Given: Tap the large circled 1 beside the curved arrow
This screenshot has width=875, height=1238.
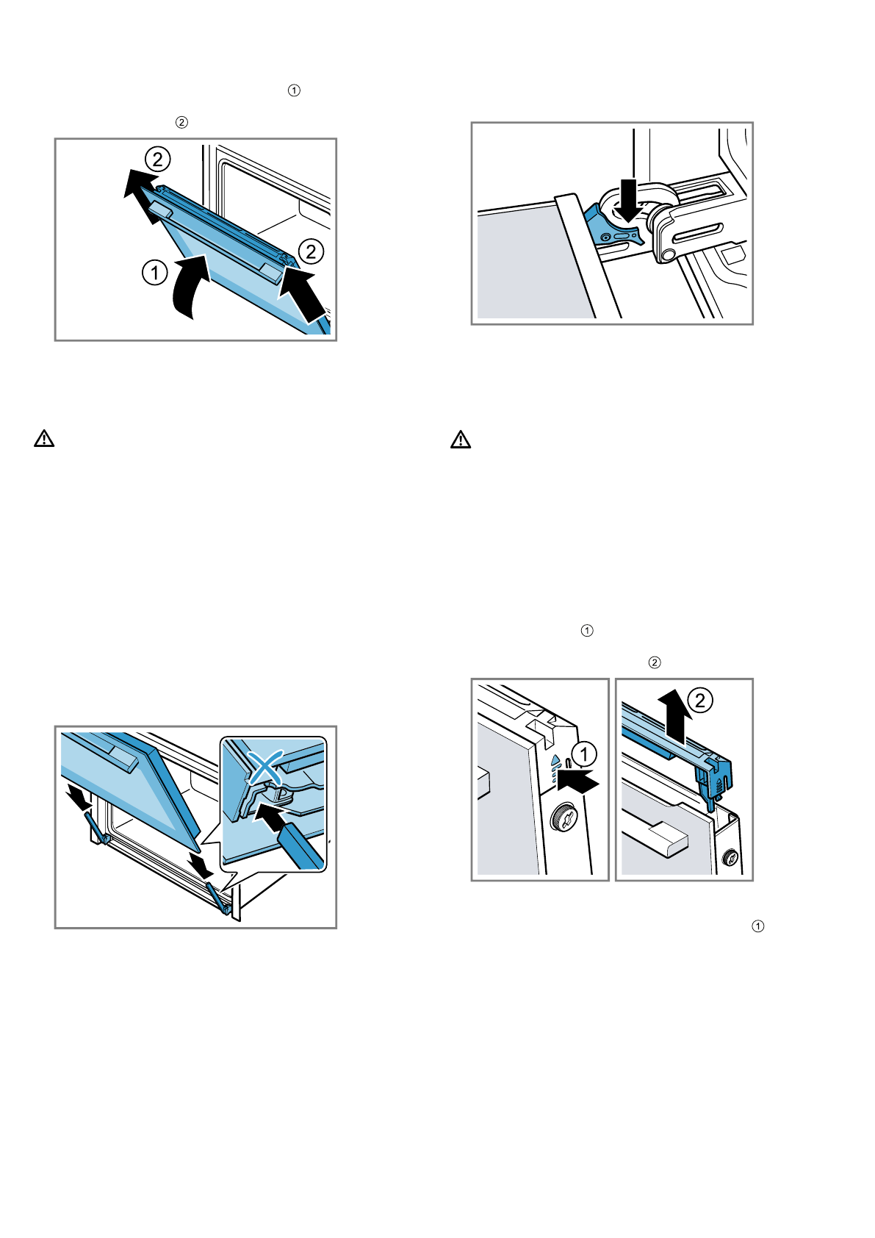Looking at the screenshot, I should [154, 273].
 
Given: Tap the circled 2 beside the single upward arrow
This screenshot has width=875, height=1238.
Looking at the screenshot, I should [699, 699].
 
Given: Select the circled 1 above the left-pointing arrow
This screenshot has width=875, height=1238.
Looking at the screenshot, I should [584, 754].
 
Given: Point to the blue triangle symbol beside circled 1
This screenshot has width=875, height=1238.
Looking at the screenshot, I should [556, 762].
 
